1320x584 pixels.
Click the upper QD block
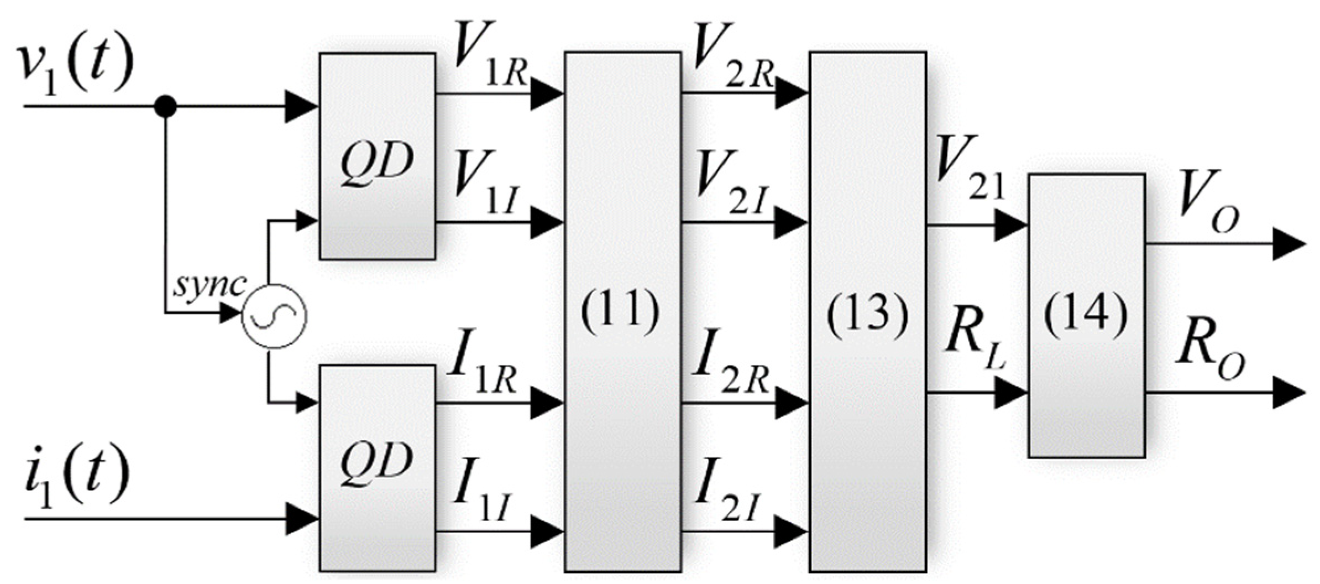(x=378, y=156)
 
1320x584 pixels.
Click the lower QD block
(x=378, y=468)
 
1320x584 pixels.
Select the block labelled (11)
(x=622, y=311)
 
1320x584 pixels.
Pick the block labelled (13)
(x=868, y=311)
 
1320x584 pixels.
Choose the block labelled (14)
(x=1086, y=315)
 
